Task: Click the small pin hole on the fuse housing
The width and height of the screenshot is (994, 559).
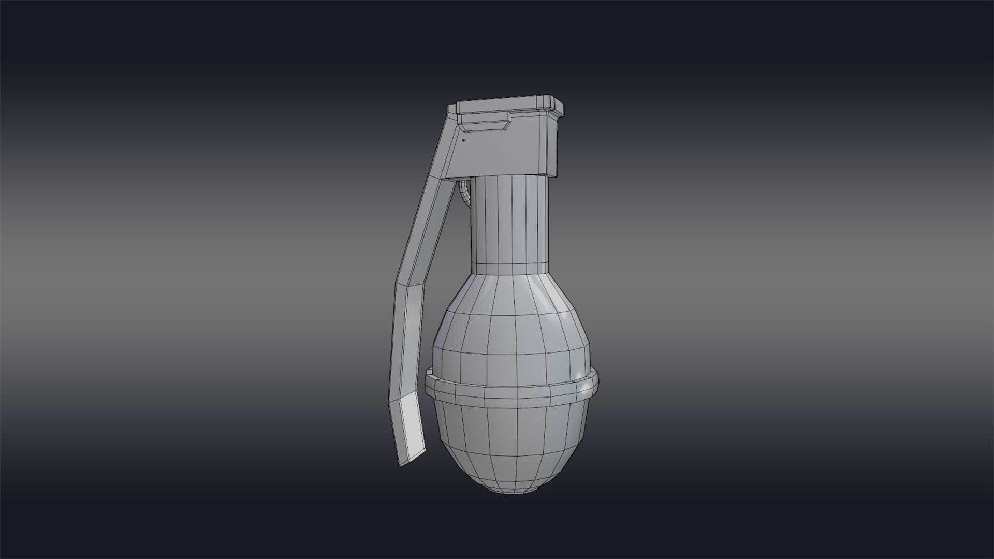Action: click(464, 140)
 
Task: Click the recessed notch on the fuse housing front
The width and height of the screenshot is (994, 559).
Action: click(486, 125)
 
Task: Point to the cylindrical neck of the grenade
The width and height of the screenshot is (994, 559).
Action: click(510, 223)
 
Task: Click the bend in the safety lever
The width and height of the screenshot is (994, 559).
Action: click(409, 284)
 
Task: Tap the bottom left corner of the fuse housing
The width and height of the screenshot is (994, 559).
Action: click(446, 178)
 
